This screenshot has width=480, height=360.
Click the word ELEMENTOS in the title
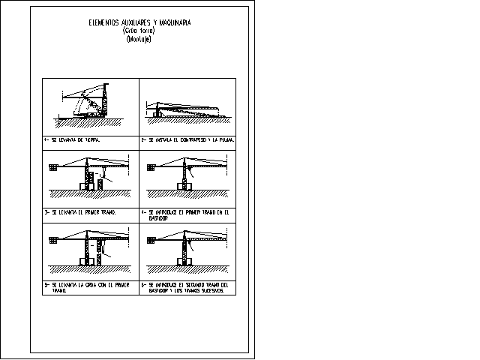point(104,23)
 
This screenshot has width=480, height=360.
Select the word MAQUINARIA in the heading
point(175,23)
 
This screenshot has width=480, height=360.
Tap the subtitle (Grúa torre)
point(139,31)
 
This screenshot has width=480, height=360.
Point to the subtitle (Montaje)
point(139,39)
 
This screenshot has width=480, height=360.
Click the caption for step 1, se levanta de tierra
point(72,139)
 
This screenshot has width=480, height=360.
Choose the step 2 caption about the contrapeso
point(188,139)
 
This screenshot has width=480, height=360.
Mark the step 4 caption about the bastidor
point(188,214)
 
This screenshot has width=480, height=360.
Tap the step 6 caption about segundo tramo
point(187,287)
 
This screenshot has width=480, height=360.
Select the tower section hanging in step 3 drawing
point(100,183)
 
